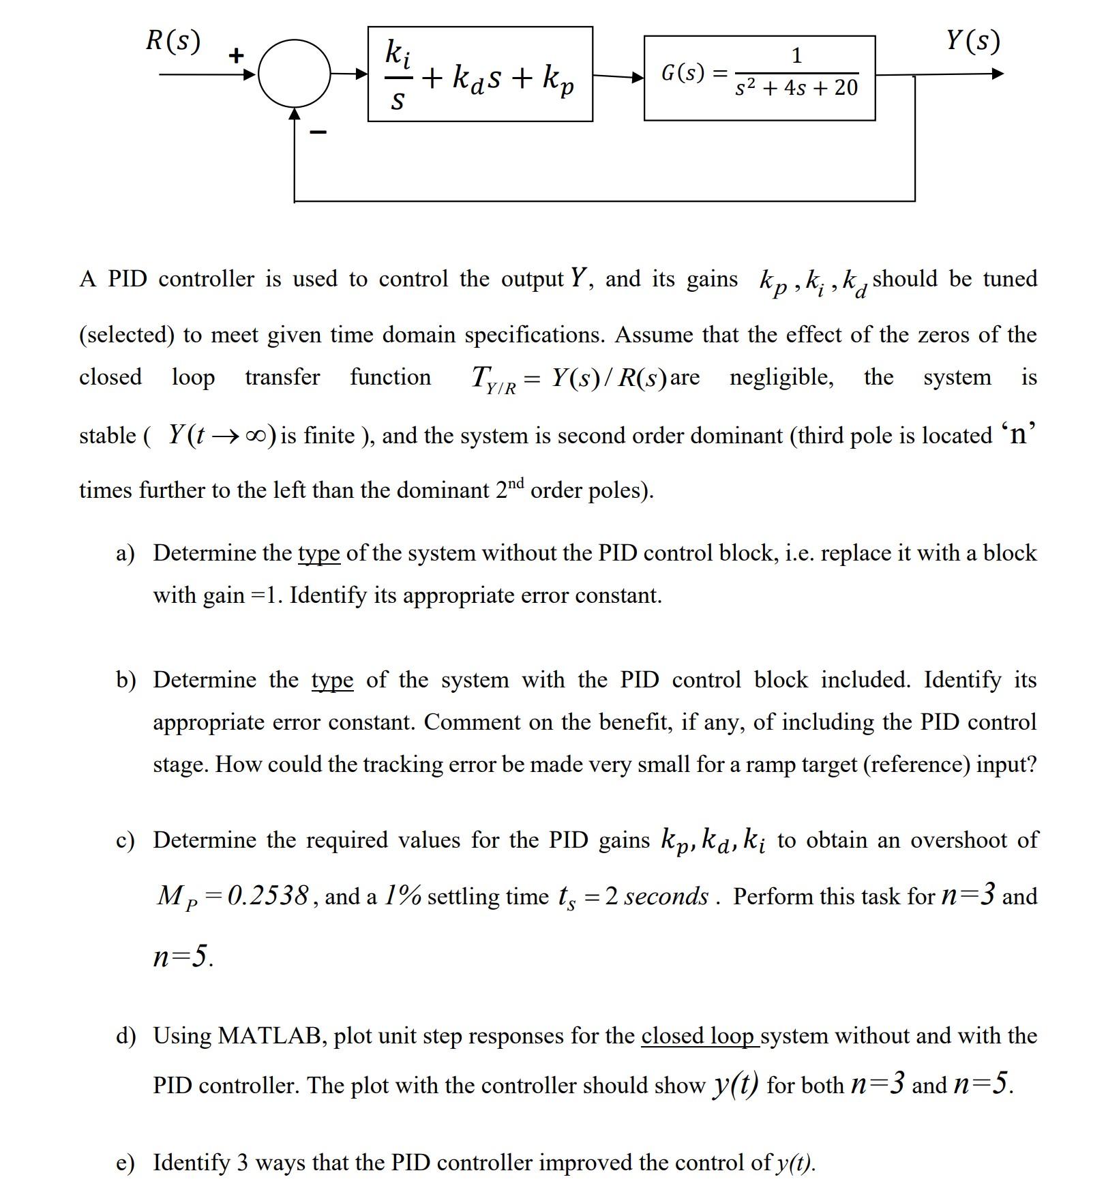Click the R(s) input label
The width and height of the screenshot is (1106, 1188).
pos(173,42)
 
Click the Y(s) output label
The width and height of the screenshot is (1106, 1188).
pos(973,42)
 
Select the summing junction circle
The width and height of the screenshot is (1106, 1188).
pos(294,74)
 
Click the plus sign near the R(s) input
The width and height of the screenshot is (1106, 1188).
pos(236,55)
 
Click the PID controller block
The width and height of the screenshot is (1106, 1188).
pos(480,74)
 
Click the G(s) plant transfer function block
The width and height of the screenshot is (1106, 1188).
pos(759,78)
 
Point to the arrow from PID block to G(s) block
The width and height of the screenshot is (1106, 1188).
pos(618,76)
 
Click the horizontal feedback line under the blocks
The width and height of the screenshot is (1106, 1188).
pos(603,201)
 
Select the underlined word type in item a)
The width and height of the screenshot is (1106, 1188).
pos(318,552)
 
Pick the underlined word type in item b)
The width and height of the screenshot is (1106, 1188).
pos(332,680)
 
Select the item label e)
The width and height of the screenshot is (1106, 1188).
pos(125,1163)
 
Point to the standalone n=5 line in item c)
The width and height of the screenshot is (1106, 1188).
pos(182,956)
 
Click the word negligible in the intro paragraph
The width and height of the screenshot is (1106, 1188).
pos(781,377)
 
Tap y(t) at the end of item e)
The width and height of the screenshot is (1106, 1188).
pos(795,1163)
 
